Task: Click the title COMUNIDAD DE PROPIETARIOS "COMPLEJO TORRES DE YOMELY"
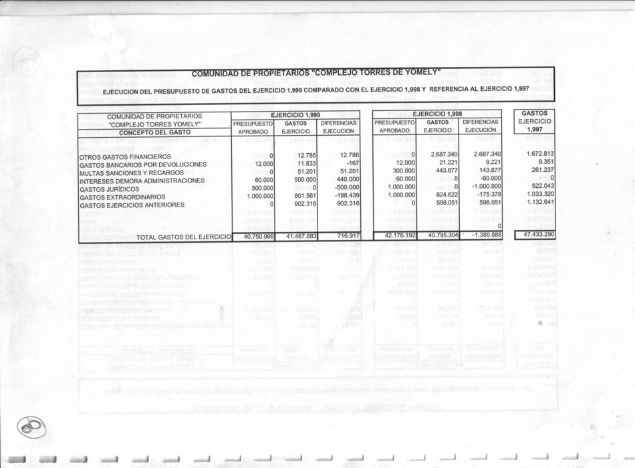pos(315,73)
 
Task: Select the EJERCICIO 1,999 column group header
pos(295,115)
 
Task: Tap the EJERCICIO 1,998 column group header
pos(437,115)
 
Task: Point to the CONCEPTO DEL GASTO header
pos(154,132)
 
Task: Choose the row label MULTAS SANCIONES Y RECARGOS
pos(132,172)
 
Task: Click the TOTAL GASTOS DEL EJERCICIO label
pos(182,236)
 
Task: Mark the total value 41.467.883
pos(297,236)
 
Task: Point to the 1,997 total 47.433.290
pos(535,235)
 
